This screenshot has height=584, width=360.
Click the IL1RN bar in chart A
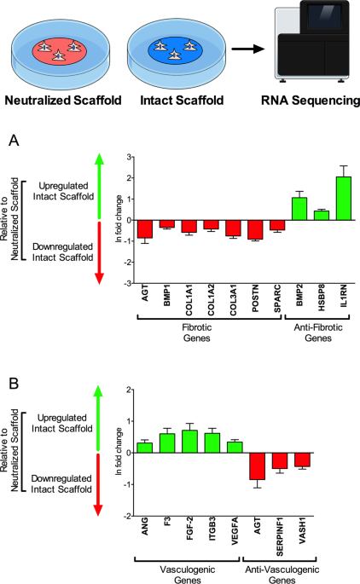(x=344, y=199)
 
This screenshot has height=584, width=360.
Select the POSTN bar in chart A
(x=255, y=229)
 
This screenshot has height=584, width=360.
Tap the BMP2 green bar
(x=299, y=209)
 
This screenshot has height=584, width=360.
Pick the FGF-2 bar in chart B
(x=189, y=442)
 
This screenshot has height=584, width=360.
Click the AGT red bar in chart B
(x=257, y=466)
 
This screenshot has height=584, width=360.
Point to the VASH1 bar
(x=302, y=460)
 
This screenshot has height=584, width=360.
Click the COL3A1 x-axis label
(x=233, y=300)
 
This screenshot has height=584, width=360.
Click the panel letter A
(x=14, y=141)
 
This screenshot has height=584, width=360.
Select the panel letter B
(x=14, y=384)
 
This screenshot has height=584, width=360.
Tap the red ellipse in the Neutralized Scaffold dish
(x=60, y=49)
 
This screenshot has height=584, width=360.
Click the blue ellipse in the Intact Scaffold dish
(x=175, y=49)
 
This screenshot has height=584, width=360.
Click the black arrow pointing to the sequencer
(x=248, y=49)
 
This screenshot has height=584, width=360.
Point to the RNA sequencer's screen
(x=324, y=16)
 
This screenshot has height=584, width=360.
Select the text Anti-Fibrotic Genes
(x=318, y=332)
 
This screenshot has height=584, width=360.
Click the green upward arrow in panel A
(x=99, y=186)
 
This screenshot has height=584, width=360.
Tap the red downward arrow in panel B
(x=98, y=484)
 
